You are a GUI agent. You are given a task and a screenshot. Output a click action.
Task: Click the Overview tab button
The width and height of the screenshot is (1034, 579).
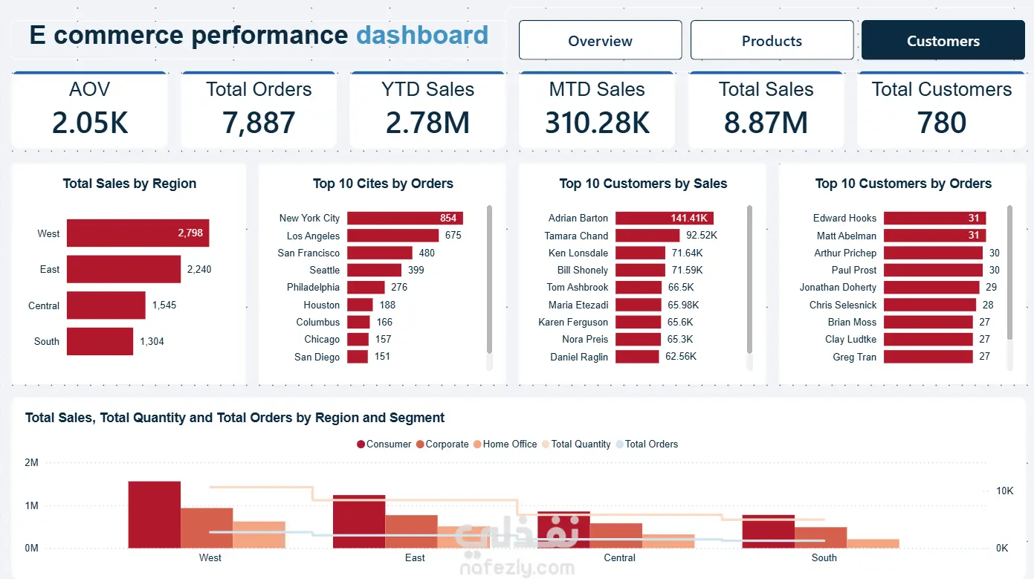600,40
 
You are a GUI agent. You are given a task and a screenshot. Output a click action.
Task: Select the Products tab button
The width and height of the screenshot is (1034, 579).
772,40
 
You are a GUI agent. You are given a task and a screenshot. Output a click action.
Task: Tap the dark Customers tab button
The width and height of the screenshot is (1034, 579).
943,40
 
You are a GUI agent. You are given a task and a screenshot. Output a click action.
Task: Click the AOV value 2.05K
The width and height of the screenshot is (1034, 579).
89,123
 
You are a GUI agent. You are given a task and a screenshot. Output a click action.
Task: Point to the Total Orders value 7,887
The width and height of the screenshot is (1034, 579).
259,123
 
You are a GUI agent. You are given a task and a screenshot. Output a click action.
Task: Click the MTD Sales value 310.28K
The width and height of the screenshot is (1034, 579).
597,123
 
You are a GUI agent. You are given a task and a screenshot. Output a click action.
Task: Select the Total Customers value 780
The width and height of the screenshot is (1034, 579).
941,123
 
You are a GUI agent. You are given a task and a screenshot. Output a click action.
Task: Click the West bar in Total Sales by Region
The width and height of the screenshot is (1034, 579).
138,233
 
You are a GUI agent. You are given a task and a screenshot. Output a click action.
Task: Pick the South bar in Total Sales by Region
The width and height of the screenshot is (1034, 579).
100,341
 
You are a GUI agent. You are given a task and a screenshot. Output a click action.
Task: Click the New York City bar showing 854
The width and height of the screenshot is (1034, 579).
405,218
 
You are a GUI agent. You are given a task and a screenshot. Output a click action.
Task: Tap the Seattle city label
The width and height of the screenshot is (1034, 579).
325,270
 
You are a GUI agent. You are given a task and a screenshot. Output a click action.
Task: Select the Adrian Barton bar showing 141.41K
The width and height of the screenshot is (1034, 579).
665,218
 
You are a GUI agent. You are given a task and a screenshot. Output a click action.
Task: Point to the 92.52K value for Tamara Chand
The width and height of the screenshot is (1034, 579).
702,236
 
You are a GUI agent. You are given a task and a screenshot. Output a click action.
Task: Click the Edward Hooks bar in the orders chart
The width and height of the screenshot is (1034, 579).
934,218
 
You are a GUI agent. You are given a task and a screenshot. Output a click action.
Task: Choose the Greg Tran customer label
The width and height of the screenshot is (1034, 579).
854,357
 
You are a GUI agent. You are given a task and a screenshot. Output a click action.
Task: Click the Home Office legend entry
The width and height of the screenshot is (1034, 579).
505,444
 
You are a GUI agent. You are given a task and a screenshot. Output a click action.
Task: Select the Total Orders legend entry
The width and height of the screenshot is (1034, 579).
647,444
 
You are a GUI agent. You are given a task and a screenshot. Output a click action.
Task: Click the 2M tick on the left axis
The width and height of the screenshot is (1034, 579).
31,462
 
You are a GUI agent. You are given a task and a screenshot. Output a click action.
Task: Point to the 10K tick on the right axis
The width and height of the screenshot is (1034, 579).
1004,491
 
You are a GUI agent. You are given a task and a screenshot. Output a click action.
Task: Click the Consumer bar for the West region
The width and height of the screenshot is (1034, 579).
154,515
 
